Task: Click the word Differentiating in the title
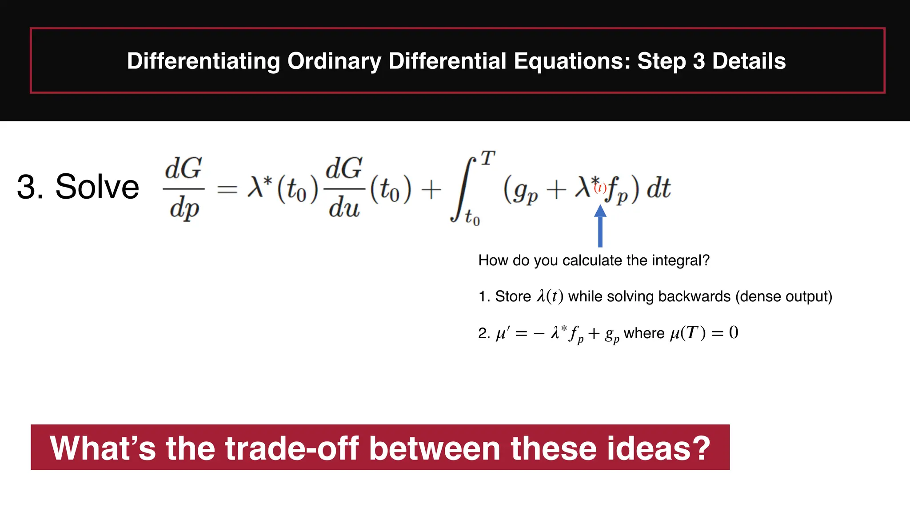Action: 203,61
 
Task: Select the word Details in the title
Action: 749,61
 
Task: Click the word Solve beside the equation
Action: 97,187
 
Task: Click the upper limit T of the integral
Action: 488,158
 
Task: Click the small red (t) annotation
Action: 600,188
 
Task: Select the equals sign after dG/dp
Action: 227,189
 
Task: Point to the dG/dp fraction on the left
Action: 184,188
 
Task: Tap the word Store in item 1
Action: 513,296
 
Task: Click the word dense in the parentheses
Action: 758,296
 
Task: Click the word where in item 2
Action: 644,333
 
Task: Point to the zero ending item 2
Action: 734,332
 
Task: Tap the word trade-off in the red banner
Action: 292,448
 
